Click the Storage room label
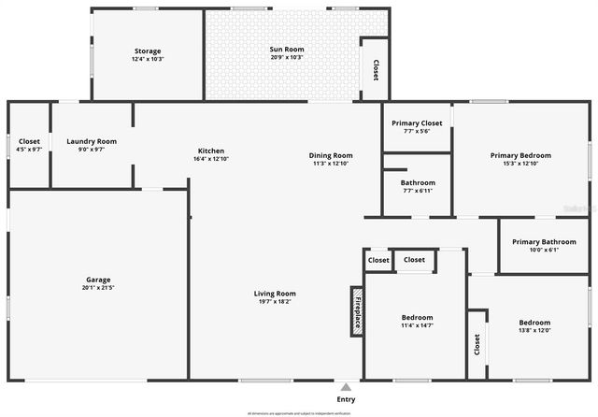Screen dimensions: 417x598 coord(148,51)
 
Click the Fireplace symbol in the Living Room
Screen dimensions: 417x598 coord(357,310)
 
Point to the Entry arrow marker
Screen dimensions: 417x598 coord(346,386)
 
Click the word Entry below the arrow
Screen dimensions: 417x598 coord(346,399)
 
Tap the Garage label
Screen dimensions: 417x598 coord(98,280)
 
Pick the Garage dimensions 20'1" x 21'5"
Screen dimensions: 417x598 coord(98,289)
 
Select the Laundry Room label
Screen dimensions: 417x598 coord(92,141)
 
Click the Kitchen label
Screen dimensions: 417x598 coord(210,151)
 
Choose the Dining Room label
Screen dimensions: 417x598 coord(332,155)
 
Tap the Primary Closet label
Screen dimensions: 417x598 coord(417,122)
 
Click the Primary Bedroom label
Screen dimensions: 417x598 coord(521,155)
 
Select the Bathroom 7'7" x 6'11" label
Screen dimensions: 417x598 coord(418,182)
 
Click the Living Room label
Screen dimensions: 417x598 coord(275,294)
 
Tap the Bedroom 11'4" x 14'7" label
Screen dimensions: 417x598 coord(417,318)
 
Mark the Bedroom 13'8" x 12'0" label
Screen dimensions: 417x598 coord(534,323)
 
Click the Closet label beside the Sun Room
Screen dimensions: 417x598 coord(376,69)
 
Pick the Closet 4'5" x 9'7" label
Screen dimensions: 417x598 coord(30,141)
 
